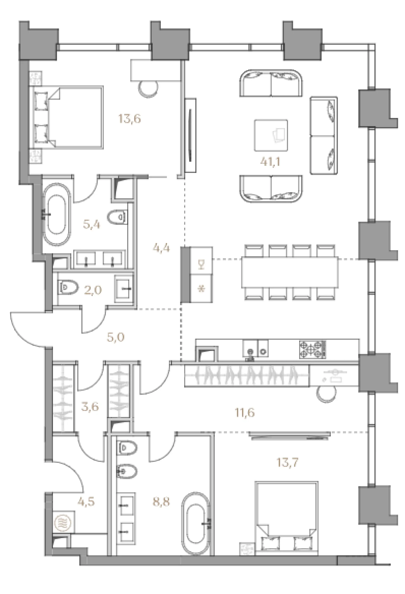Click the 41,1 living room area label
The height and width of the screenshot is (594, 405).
[x=270, y=162]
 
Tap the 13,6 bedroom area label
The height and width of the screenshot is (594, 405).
[x=130, y=119]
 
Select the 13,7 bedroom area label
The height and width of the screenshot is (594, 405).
[x=287, y=462]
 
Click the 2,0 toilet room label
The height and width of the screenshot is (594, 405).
[x=93, y=290]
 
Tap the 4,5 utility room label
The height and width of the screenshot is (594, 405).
[x=86, y=501]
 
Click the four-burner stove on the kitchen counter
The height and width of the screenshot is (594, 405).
[x=312, y=349]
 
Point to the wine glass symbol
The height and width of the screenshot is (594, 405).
[x=201, y=264]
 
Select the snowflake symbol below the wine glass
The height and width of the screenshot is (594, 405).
[x=202, y=289]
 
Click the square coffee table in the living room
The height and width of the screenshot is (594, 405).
[x=271, y=135]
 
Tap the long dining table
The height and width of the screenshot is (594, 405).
[x=290, y=272]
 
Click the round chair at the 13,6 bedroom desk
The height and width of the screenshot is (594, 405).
[x=148, y=89]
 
